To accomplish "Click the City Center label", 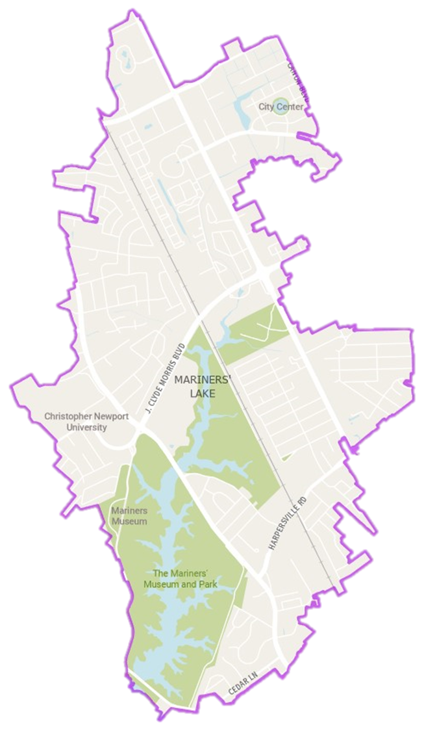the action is click(x=281, y=107).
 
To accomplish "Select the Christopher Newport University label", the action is click(x=76, y=422).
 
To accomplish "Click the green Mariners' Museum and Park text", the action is click(x=180, y=578).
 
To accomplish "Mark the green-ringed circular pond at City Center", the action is click(x=281, y=107).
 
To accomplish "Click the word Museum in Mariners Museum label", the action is click(x=129, y=521).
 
